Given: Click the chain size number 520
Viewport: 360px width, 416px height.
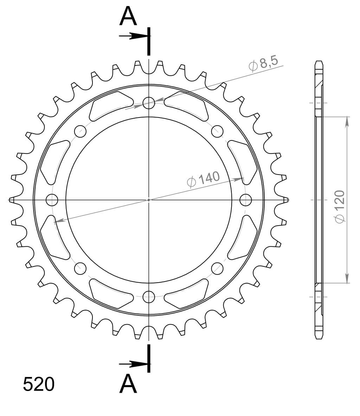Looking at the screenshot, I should (39, 384).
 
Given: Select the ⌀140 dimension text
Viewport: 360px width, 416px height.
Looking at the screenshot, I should (204, 179).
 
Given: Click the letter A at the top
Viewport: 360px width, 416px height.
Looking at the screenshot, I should (128, 17).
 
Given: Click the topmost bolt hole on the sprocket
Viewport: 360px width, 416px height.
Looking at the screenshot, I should (149, 103).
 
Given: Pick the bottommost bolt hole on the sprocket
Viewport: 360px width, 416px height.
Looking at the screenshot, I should (149, 297).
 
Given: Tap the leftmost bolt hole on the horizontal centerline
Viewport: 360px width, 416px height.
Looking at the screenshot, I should (52, 200).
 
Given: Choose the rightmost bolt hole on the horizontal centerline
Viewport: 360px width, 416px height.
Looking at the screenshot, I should (246, 200).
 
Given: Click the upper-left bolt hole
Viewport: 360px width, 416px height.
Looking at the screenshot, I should (81, 131).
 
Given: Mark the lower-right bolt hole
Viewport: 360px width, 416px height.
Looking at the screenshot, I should (217, 269).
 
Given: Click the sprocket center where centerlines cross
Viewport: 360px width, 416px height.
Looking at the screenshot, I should (149, 200).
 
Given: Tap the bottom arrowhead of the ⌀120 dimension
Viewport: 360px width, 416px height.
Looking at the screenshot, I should (347, 278).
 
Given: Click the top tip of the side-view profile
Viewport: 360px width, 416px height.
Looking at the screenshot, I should (319, 62).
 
